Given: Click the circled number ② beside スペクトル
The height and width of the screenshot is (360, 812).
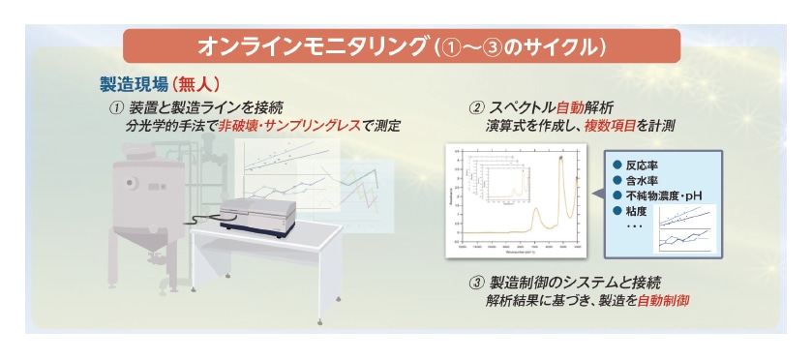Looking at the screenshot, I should (475, 106).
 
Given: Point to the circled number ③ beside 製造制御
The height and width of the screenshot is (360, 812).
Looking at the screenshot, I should (475, 283).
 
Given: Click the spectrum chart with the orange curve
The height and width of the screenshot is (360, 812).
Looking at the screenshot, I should (517, 199).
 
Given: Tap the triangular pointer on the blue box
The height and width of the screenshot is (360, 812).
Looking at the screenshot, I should (597, 194).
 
